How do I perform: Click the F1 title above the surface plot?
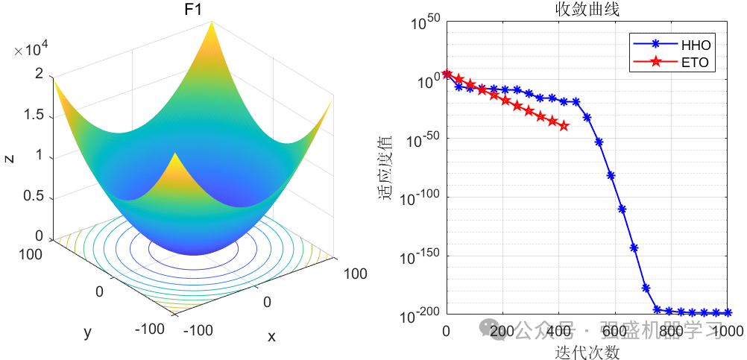pyautogui.click(x=193, y=12)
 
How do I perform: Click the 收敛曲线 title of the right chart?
pyautogui.click(x=587, y=10)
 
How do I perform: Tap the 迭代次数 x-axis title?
pyautogui.click(x=587, y=351)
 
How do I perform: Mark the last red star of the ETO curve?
pyautogui.click(x=564, y=126)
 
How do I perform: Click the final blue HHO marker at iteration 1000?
pyautogui.click(x=727, y=313)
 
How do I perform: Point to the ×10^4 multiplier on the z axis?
pyautogui.click(x=31, y=50)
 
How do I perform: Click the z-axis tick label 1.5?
pyautogui.click(x=34, y=116)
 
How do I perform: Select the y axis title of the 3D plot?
pyautogui.click(x=88, y=332)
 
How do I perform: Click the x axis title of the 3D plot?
pyautogui.click(x=271, y=337)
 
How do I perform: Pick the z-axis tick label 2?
pyautogui.click(x=39, y=74)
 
